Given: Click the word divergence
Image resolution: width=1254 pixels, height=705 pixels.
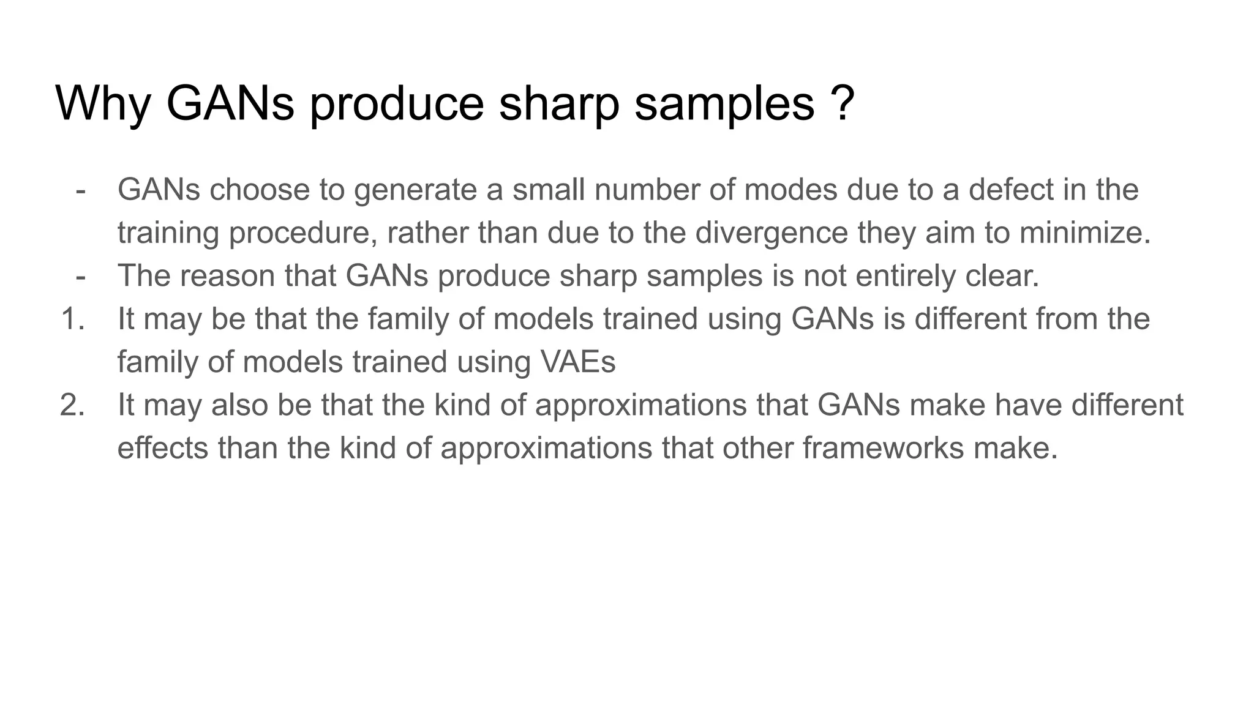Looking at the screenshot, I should click(x=772, y=233).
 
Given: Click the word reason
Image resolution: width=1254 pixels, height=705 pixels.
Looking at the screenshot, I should click(x=227, y=276).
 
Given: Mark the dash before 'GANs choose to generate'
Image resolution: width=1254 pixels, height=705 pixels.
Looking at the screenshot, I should click(x=80, y=190).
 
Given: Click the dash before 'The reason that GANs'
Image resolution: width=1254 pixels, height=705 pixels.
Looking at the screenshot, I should click(x=80, y=276).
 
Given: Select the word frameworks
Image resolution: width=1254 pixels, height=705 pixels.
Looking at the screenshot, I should click(x=883, y=449).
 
